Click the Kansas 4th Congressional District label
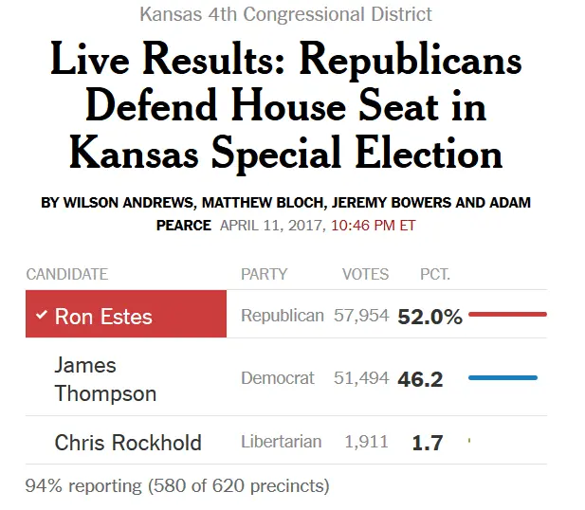coord(285,14)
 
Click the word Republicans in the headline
coord(410,61)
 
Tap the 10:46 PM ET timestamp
coord(373,226)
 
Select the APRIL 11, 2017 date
coord(271,226)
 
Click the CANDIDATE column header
coord(67,274)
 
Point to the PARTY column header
coord(264,274)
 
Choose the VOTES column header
coord(365,274)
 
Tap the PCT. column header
coord(435,274)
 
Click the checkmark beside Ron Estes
coord(41,315)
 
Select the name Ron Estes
coord(103,317)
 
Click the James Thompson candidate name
coord(105,378)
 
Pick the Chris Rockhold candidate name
coord(128,442)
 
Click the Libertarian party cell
coord(281,442)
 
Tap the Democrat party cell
coord(277,378)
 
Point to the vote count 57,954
coord(361,316)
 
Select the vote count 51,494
coord(361,378)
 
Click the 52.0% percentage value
coord(430,317)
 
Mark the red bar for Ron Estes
coord(507,314)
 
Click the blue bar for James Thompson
coord(503,377)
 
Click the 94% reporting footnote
coord(177,486)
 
